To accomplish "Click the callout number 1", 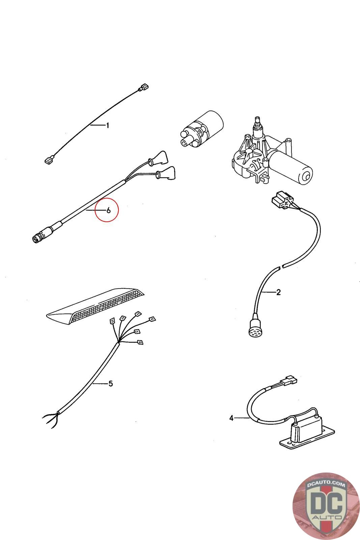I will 108,126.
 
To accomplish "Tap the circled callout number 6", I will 108,210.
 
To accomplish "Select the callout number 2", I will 278,292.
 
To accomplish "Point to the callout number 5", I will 110,384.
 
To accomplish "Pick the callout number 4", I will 231,418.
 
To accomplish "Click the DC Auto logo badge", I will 326,506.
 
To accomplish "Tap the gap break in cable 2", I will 281,267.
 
